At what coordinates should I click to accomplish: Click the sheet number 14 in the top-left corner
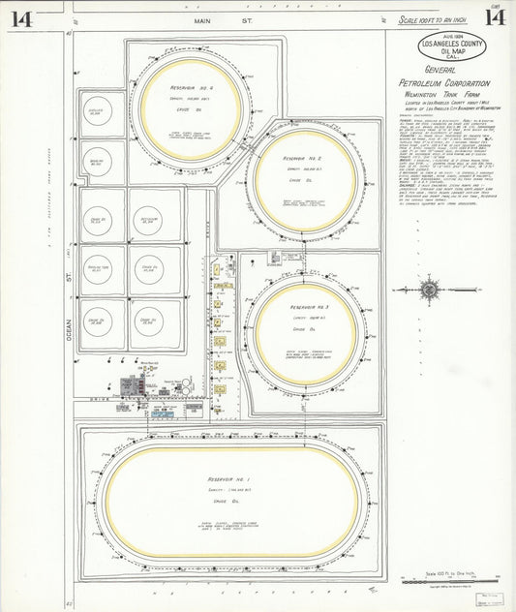coord(22,19)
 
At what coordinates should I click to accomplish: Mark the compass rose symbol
coord(429,290)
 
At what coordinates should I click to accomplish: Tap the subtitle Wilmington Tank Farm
coord(444,98)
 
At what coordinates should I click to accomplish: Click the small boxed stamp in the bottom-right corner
coord(488,596)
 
